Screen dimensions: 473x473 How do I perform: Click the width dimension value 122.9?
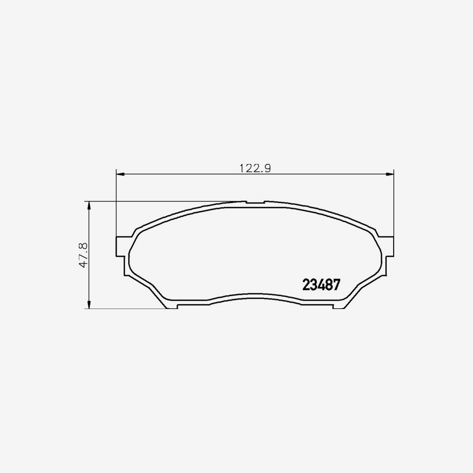click(x=255, y=168)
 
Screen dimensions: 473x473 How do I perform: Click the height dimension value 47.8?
click(x=83, y=254)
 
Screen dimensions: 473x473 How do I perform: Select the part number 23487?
click(x=321, y=285)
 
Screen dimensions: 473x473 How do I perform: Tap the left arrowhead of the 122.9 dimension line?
click(x=120, y=174)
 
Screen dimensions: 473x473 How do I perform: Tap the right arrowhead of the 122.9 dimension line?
click(x=390, y=174)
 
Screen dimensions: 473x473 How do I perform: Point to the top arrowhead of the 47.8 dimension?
click(x=89, y=205)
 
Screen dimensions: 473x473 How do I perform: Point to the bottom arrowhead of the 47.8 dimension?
click(x=89, y=305)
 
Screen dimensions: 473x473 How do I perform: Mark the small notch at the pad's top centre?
click(x=255, y=202)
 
